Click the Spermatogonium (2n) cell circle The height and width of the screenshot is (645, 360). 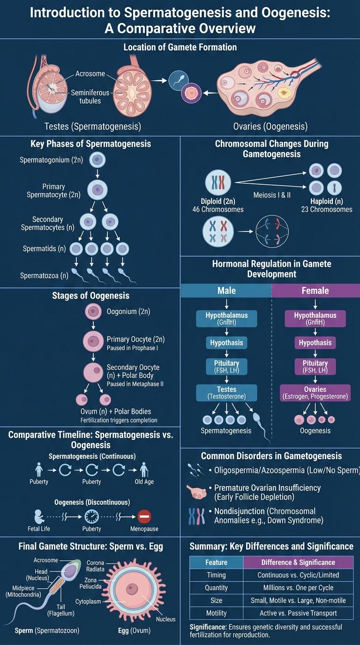97,160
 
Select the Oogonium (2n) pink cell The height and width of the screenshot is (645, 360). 93,311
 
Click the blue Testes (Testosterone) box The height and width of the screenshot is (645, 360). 226,393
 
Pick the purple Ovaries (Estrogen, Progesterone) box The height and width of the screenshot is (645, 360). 315,393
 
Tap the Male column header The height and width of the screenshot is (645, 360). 226,291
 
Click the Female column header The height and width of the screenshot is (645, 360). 315,291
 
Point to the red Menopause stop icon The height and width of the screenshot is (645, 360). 144,517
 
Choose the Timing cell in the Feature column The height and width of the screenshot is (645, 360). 216,575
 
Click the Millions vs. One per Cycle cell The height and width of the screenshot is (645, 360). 298,587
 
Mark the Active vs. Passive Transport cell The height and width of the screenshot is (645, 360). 298,613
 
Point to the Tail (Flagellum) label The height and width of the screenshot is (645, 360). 58,609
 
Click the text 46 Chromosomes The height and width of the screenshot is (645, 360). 218,210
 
